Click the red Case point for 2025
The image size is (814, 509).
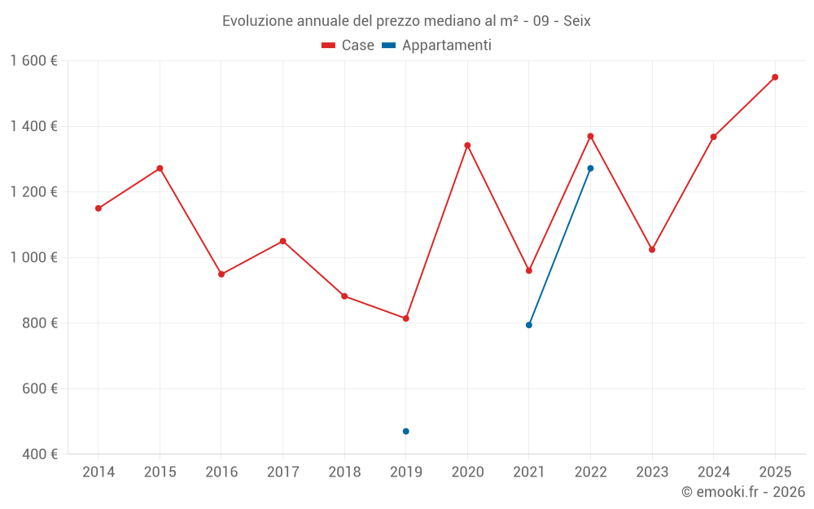[775, 77]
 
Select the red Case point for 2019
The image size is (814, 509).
[405, 318]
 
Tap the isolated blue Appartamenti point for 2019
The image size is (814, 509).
[405, 431]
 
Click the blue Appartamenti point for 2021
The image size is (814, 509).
[529, 325]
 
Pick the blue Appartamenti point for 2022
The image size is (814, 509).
[590, 169]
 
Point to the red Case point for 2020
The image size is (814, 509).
[467, 146]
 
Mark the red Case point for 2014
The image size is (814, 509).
[98, 208]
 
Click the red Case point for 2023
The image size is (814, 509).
[652, 249]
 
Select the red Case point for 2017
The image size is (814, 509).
[282, 241]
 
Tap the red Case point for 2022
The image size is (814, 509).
[590, 136]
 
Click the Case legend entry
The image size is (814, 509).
[348, 46]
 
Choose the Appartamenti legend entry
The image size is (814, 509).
[437, 46]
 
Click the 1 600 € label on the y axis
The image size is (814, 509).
[33, 61]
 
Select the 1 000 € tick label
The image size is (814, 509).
[33, 257]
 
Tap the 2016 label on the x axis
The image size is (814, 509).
[221, 472]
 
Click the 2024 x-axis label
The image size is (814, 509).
[713, 472]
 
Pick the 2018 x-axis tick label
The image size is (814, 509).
[344, 472]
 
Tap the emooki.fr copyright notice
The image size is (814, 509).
[742, 492]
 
